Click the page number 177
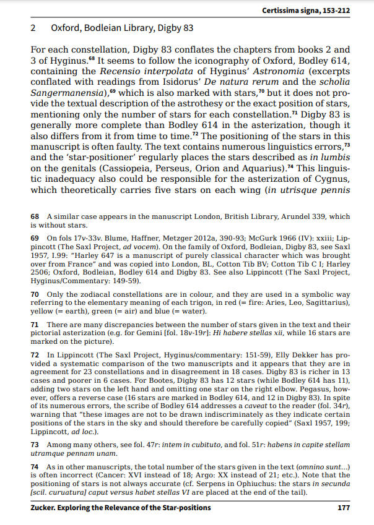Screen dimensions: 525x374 pos(345,508)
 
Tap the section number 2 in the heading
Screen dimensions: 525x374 pos(32,28)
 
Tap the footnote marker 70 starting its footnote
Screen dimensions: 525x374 pos(35,296)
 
